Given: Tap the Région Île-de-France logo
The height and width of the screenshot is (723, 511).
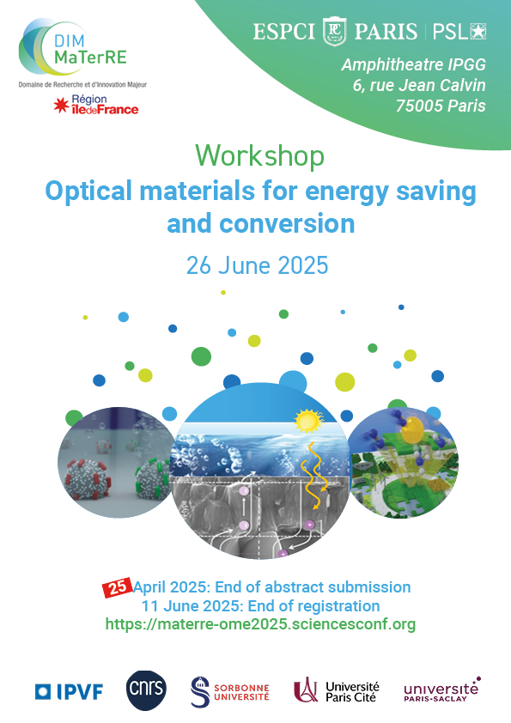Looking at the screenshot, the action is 96,105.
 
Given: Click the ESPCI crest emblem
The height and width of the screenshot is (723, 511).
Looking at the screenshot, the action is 334,32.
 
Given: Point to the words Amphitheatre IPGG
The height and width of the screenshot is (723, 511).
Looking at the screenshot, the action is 413,64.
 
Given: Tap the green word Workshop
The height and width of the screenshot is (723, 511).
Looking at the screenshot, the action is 259,156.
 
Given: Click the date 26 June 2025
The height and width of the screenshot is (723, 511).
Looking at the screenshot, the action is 258,265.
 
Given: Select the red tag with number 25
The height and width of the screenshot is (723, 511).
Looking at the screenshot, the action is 117,587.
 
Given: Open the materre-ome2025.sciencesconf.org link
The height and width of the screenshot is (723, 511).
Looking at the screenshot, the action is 260,624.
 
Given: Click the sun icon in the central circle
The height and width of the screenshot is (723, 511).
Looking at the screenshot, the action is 308,421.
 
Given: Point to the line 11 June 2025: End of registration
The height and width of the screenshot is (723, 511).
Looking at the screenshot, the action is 260,605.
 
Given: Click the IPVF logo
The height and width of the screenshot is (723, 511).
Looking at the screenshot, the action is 70,691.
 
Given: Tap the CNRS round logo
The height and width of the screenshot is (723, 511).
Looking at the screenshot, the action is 146,690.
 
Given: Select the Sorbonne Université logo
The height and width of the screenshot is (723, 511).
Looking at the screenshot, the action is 229,691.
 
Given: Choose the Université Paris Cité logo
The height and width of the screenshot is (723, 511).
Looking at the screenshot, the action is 336,691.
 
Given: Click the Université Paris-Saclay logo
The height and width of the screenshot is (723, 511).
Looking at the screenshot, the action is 441,690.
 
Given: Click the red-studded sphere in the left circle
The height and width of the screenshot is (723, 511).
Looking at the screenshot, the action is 88,479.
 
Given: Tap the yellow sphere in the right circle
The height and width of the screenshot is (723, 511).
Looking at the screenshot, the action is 412,430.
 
